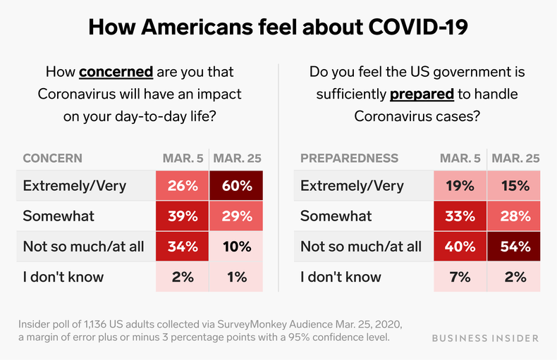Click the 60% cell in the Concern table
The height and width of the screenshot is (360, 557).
tap(237, 186)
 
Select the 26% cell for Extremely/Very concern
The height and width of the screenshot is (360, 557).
tap(183, 186)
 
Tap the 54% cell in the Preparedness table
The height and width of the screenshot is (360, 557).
tap(515, 246)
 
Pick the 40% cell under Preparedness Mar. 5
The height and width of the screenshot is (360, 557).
tap(460, 246)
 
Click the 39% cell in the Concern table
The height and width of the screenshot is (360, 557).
tap(183, 216)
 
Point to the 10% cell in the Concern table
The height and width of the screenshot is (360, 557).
tap(237, 246)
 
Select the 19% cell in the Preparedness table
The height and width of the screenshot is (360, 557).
tap(460, 186)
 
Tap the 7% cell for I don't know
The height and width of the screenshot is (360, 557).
tap(460, 276)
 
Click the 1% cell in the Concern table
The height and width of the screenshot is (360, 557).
tap(237, 276)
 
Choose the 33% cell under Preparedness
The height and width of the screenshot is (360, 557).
tap(460, 216)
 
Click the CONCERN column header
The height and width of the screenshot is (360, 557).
tap(52, 158)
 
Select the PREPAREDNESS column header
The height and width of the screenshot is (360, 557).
tap(349, 158)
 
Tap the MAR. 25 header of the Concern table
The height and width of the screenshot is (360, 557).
tap(237, 158)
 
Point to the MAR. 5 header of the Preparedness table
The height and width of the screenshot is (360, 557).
tap(460, 158)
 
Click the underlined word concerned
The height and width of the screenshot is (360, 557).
tap(116, 72)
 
